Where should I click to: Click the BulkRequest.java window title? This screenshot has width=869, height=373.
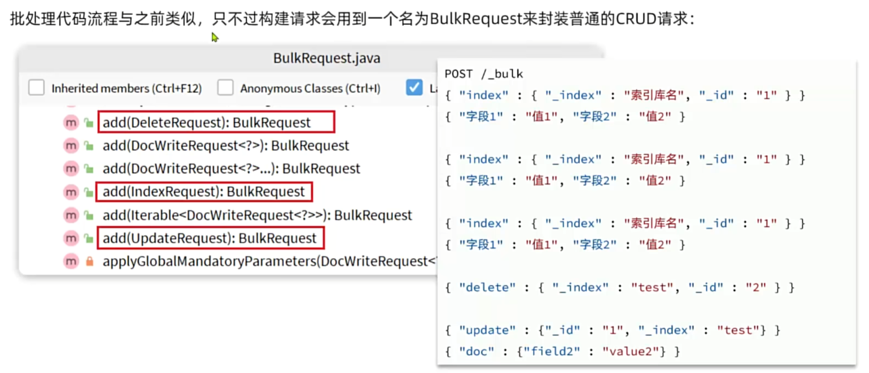tap(327, 58)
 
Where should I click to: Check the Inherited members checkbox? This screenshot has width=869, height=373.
tap(37, 88)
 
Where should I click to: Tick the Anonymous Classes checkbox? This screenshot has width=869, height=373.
tap(225, 88)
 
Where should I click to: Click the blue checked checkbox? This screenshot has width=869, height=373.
tap(414, 87)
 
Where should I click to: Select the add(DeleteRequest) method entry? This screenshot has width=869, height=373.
tap(206, 122)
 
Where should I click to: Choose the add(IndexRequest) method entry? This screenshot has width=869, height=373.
tap(204, 192)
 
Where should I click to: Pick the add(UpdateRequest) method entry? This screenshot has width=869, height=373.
tap(209, 238)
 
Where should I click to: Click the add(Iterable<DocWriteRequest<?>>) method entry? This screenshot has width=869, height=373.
tap(257, 215)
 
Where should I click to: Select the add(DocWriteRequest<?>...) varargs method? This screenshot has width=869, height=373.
tap(231, 169)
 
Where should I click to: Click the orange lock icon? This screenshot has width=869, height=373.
tap(89, 261)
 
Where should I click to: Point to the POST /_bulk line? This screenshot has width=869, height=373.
tap(484, 74)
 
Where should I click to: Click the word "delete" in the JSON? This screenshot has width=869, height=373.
tap(487, 288)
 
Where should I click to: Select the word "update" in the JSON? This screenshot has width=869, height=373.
tap(487, 330)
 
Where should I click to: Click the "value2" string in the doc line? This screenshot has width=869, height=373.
tap(631, 352)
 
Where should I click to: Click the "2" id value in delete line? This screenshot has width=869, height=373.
tap(755, 288)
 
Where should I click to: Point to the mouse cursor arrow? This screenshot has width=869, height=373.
tap(215, 37)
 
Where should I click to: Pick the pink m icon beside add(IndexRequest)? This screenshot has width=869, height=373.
tap(71, 192)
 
